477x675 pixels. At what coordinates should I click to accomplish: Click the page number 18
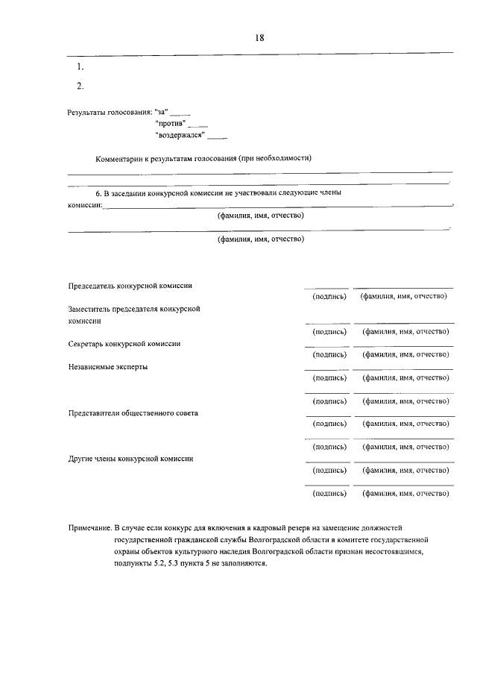coord(259,37)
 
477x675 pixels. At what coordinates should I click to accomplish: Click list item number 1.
coord(80,67)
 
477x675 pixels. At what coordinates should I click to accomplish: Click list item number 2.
coord(80,87)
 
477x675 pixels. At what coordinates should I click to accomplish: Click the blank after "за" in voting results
coord(181,112)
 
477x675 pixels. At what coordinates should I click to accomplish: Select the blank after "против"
coord(198,124)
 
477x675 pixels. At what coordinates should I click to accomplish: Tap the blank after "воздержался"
coord(217,136)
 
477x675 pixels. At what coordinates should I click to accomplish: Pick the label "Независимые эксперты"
coord(108,367)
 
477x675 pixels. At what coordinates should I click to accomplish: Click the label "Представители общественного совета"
coord(133,412)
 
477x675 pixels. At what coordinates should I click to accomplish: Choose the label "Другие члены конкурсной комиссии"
coord(130,459)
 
